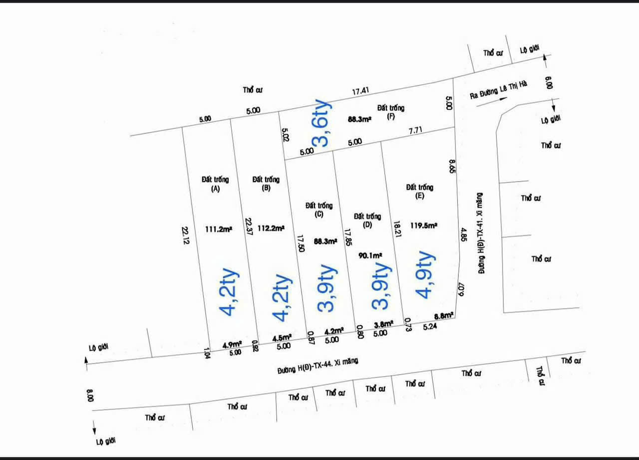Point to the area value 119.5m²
pyautogui.click(x=424, y=226)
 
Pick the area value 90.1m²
pyautogui.click(x=370, y=255)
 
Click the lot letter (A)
pyautogui.click(x=216, y=189)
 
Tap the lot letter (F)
pyautogui.click(x=391, y=117)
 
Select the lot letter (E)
pyautogui.click(x=419, y=196)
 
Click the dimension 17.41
pyautogui.click(x=360, y=91)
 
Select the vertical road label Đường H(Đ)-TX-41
pyautogui.click(x=481, y=233)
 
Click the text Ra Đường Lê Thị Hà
pyautogui.click(x=498, y=90)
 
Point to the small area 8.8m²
pyautogui.click(x=443, y=316)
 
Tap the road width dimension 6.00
pyautogui.click(x=550, y=83)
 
